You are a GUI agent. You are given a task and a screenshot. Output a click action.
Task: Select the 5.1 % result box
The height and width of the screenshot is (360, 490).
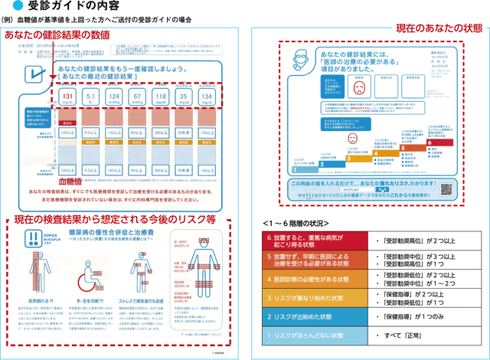[90, 97]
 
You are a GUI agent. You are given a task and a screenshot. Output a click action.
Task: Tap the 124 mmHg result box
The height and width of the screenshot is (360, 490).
[113, 97]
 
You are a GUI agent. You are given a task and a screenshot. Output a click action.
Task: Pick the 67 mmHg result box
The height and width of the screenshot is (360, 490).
[138, 97]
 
